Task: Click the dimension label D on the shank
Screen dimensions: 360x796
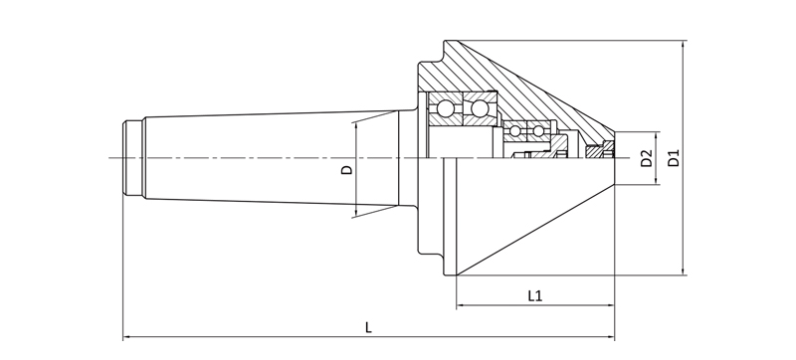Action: (x=346, y=169)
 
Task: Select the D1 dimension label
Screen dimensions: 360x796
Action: (x=674, y=158)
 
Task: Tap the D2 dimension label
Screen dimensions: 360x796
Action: (x=646, y=158)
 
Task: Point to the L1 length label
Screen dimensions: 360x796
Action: (x=534, y=295)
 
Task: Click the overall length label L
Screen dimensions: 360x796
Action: (x=368, y=326)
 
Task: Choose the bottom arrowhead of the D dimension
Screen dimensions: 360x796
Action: (x=355, y=213)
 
